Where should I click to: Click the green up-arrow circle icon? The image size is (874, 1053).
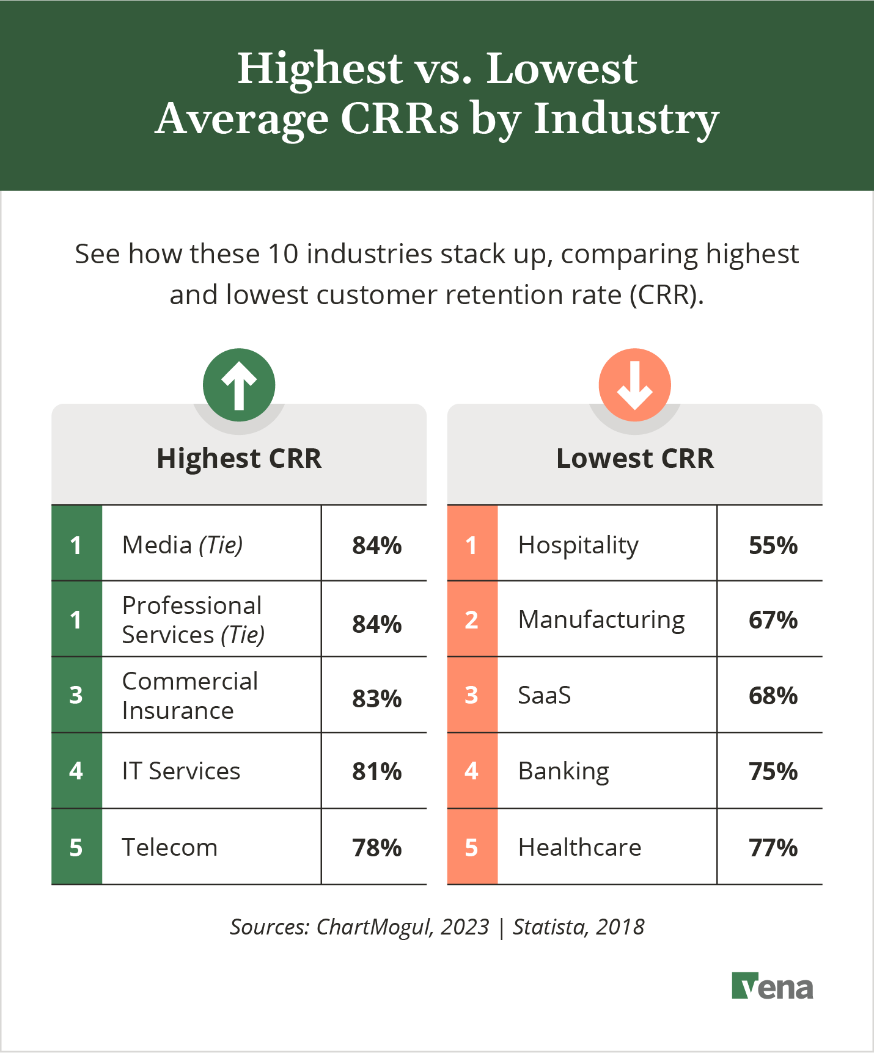pos(239,385)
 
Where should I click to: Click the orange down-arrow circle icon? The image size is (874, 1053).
pos(634,385)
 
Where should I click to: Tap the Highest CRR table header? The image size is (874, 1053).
pos(239,458)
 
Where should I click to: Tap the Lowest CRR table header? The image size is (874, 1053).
pos(634,458)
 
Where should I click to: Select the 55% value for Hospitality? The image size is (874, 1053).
pos(773,545)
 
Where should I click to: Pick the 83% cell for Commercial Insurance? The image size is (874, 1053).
pos(376,698)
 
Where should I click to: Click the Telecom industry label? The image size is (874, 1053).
pos(170,847)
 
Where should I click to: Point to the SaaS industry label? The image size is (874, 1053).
pos(544,695)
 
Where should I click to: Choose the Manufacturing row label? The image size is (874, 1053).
pos(601,620)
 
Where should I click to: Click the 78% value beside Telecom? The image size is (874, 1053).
pos(376,848)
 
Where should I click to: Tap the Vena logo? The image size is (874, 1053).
pos(773,986)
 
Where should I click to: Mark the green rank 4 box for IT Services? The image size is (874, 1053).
pos(76,771)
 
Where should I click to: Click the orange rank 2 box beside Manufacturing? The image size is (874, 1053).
pos(472,619)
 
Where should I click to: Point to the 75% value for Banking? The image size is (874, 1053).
pos(773,771)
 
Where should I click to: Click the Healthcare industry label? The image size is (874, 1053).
pos(579,847)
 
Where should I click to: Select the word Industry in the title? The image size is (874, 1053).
pos(626,118)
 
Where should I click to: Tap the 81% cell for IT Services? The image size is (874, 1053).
pos(376,771)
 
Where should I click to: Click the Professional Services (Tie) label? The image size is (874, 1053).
pos(193,620)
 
